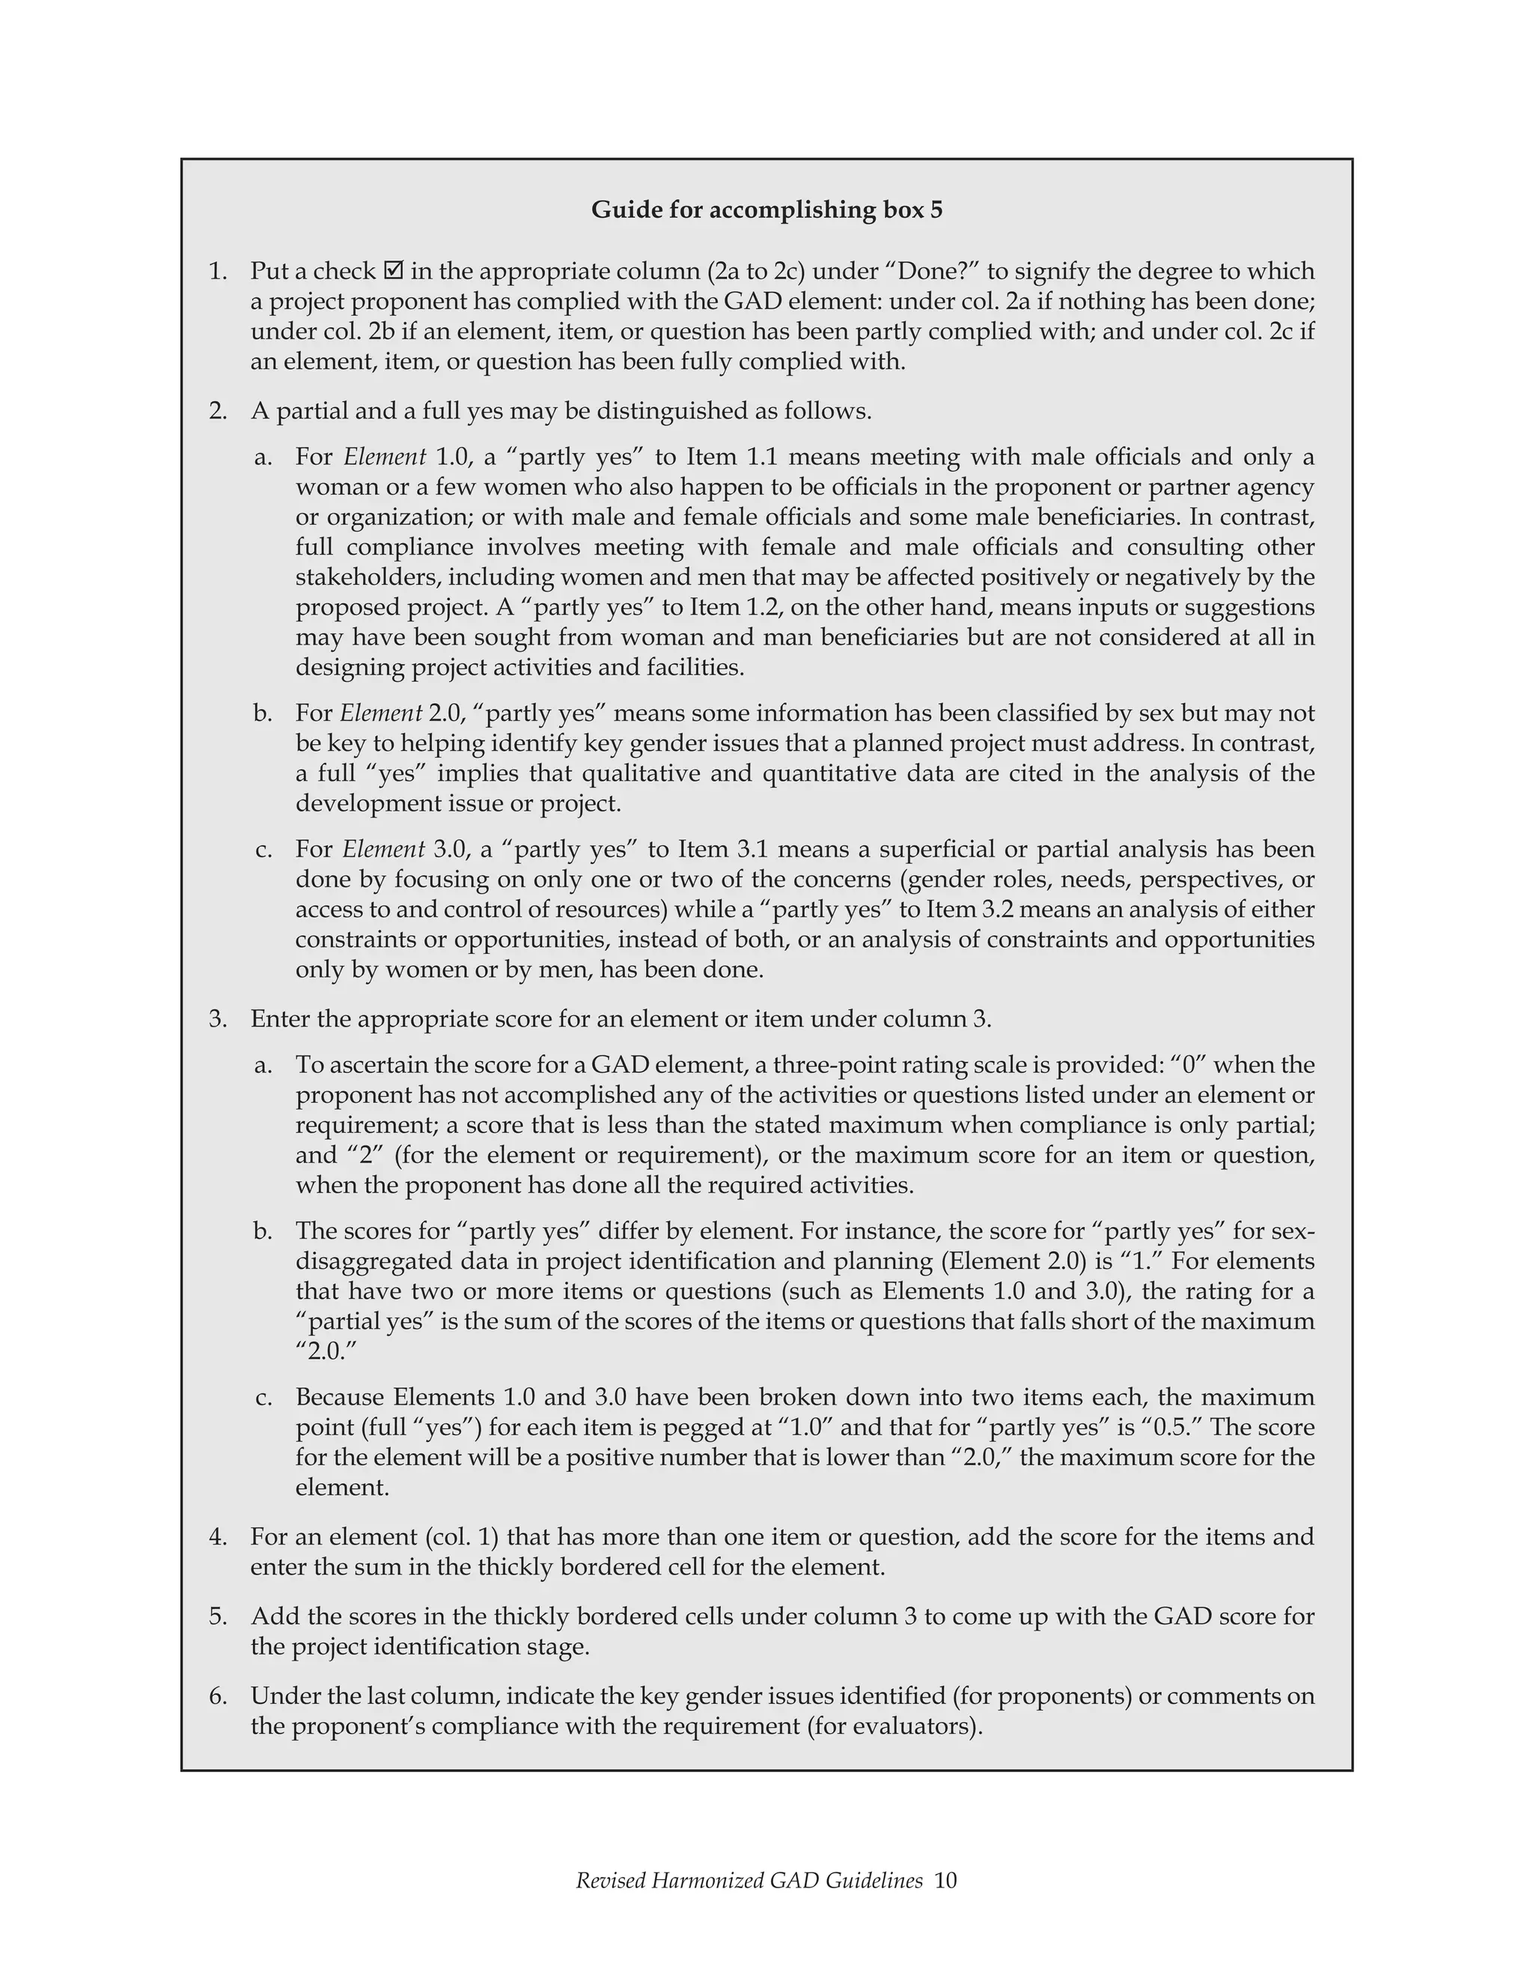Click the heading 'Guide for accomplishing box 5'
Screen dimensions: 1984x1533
766,210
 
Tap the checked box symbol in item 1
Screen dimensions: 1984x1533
393,271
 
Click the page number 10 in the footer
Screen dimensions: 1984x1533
945,1881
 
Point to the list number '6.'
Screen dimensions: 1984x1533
218,1696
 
